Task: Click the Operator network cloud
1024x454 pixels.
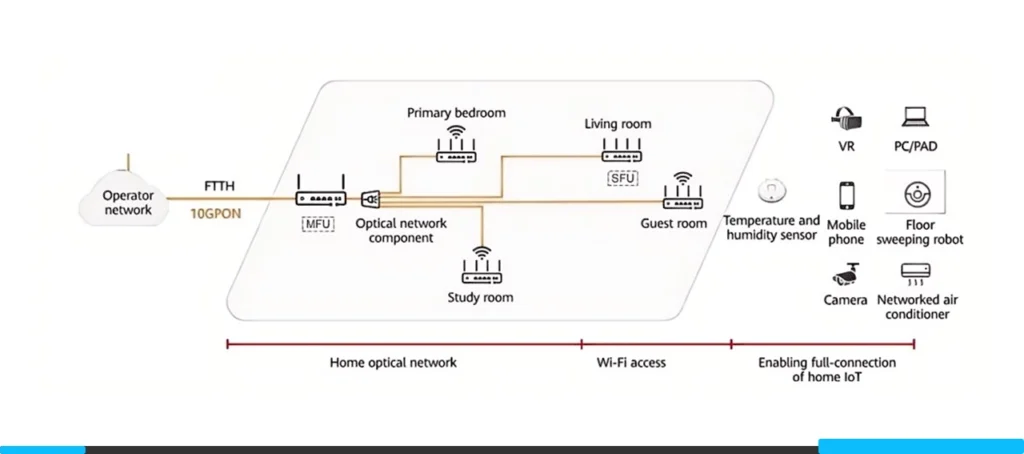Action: point(127,203)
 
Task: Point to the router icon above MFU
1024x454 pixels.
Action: point(320,195)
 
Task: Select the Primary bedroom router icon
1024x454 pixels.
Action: point(456,147)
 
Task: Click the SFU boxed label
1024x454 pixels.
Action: point(621,179)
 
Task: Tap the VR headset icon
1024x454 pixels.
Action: point(847,119)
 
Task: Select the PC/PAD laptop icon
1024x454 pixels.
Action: point(915,117)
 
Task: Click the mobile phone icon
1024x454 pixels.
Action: point(847,196)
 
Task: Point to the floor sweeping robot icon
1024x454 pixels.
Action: point(913,194)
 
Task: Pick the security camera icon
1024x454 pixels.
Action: point(846,271)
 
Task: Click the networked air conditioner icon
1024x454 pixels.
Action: point(914,271)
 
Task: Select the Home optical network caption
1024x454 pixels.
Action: point(393,362)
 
